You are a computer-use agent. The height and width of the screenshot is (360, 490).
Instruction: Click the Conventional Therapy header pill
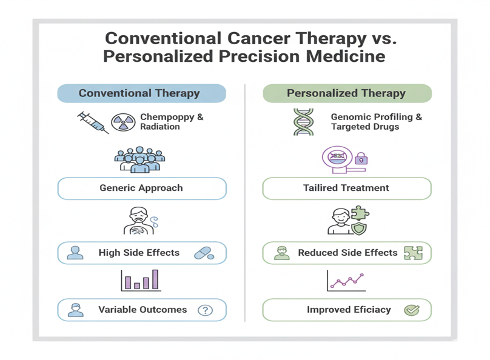point(141,93)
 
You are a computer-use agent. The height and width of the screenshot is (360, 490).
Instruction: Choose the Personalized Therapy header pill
point(346,93)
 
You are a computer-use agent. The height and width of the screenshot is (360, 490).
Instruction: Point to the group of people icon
point(140,159)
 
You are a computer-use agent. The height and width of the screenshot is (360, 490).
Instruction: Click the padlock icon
point(361,159)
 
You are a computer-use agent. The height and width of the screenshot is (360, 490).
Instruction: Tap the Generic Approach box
point(141,188)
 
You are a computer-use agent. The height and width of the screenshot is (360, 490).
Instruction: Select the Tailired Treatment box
point(346,188)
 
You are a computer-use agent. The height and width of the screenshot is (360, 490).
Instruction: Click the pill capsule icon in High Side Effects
point(203,253)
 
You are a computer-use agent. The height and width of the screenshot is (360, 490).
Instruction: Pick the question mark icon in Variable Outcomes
point(206,310)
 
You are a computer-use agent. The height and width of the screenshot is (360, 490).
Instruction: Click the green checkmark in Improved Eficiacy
point(412,310)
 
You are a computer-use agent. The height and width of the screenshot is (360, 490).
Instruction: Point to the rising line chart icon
point(346,281)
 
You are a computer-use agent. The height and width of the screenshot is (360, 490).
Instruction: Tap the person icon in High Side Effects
point(75,253)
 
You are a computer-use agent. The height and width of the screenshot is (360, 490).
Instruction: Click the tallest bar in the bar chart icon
point(155,279)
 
